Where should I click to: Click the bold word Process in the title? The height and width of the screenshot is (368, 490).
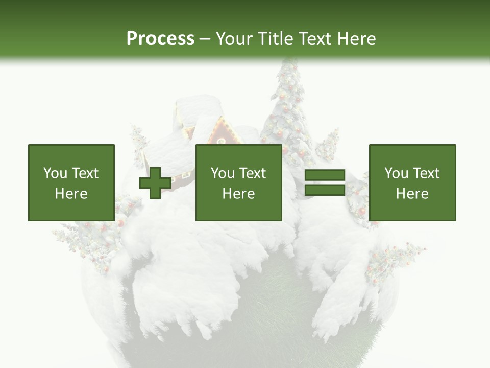(160, 39)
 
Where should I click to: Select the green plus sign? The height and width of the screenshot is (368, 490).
(155, 183)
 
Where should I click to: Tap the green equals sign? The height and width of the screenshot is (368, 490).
(325, 183)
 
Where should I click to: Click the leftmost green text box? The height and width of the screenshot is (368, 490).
(71, 183)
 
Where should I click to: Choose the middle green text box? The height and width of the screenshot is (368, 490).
(238, 183)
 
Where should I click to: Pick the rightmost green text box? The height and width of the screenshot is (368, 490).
(412, 183)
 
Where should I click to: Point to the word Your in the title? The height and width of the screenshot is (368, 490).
(234, 39)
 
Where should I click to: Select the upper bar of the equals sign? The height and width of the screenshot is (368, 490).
(325, 176)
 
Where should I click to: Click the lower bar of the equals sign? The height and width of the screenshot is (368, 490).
(325, 190)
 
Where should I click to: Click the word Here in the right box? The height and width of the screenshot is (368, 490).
(412, 194)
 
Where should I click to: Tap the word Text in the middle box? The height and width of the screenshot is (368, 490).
(253, 173)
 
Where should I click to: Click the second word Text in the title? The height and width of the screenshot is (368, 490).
(313, 39)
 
